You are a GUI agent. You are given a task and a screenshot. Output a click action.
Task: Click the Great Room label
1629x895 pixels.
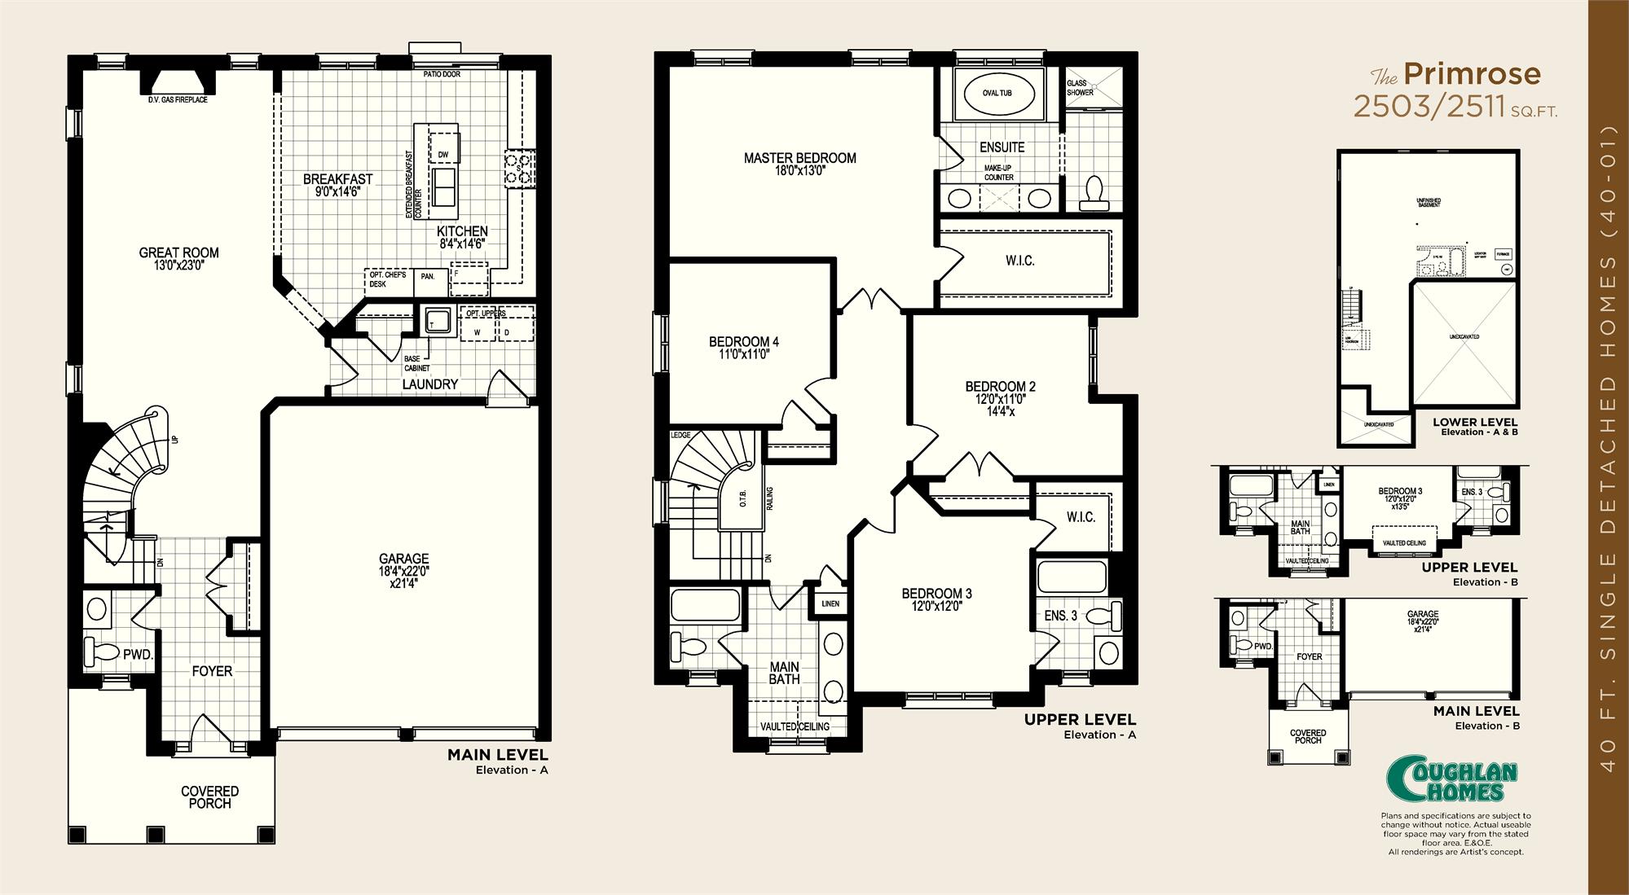[x=178, y=252]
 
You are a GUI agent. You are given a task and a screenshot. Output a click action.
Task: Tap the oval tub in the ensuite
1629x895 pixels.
[x=997, y=93]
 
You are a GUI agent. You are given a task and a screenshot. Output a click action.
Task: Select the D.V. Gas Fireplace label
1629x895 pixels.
[x=178, y=99]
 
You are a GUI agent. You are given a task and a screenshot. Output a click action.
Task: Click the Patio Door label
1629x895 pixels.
[x=442, y=74]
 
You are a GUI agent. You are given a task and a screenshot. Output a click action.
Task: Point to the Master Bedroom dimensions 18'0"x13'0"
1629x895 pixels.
[x=799, y=171]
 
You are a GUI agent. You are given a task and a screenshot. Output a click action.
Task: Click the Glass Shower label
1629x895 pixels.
[x=1079, y=88]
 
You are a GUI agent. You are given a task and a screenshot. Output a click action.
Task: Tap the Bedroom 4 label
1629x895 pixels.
[x=738, y=341]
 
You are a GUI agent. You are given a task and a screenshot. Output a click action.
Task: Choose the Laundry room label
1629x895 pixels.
[x=429, y=384]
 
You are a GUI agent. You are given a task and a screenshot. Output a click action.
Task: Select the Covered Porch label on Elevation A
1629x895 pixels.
[x=209, y=796]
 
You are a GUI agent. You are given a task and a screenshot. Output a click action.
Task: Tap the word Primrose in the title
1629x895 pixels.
[x=1472, y=75]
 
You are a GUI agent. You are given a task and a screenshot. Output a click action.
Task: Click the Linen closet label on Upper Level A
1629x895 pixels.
[x=830, y=603]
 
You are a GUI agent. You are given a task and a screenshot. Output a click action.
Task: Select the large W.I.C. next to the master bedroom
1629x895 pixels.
[x=1019, y=261]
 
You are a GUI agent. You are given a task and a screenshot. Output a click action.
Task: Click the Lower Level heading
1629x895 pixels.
[x=1475, y=422]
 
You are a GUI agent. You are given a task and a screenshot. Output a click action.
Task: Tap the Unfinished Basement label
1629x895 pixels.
[x=1429, y=202]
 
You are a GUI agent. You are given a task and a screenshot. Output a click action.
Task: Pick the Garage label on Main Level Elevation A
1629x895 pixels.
[x=403, y=558]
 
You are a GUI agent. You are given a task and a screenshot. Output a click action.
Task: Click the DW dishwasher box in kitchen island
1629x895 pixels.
[x=443, y=154]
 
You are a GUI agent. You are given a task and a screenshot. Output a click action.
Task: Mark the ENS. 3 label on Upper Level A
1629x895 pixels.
[x=1060, y=616]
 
